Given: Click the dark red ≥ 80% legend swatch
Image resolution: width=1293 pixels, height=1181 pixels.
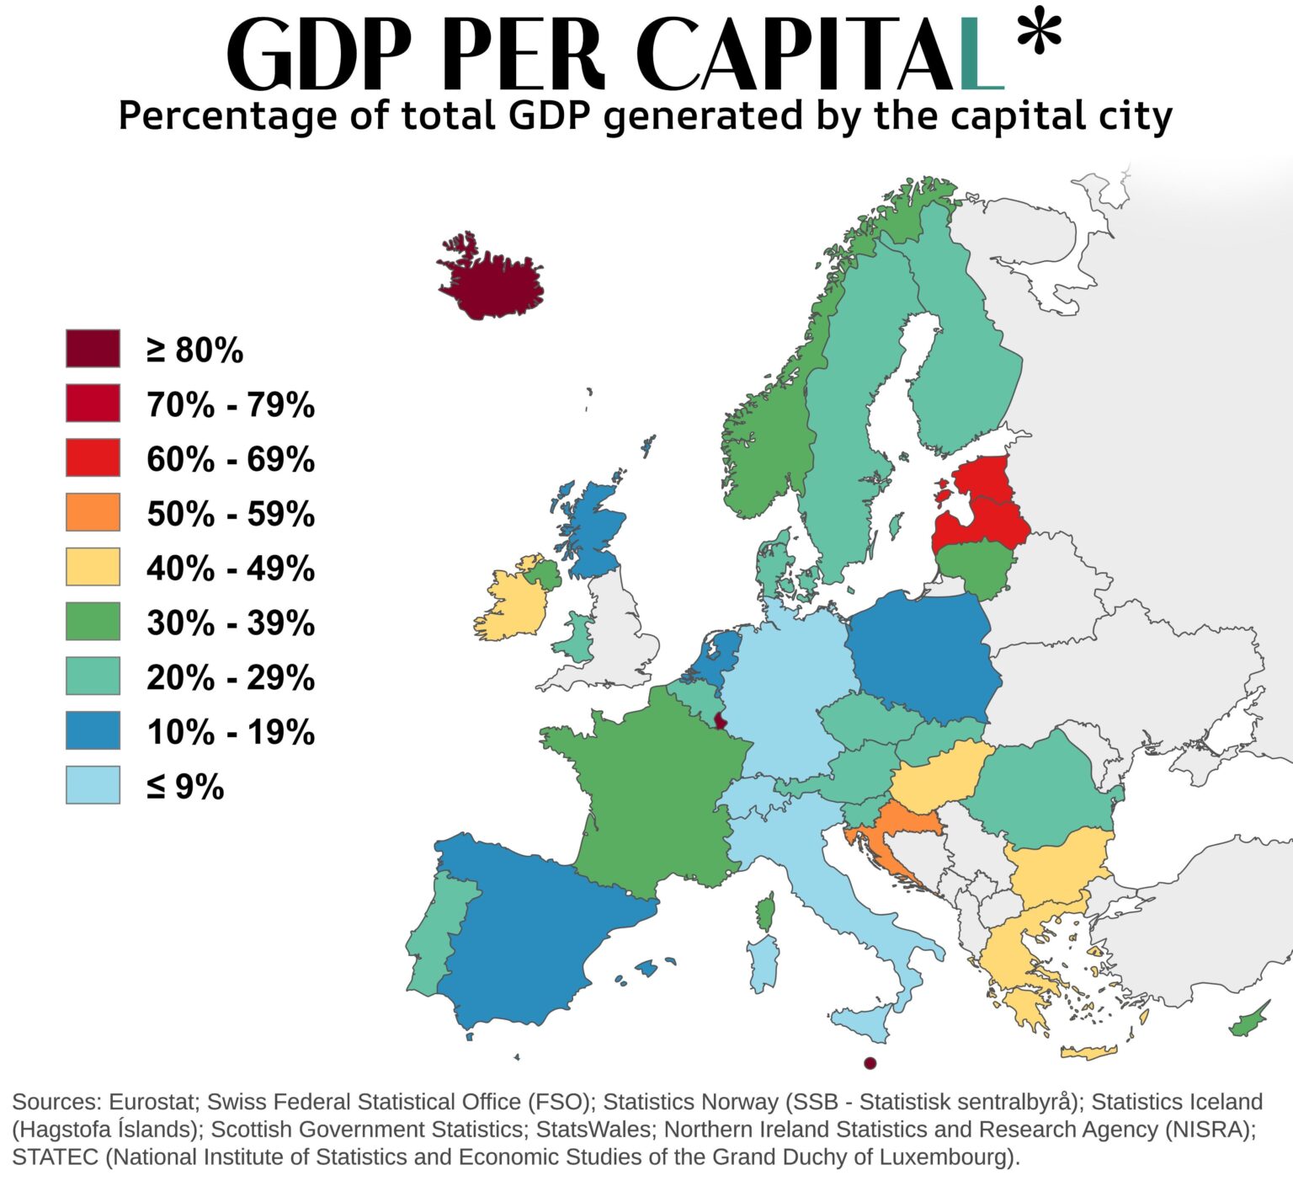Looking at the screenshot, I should pos(93,349).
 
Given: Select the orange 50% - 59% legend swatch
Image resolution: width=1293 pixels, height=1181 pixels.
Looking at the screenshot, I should pos(93,512).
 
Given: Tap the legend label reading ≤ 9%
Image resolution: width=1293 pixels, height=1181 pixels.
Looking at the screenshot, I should pos(185,786).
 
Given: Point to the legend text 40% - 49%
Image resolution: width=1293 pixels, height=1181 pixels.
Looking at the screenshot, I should pos(230,568).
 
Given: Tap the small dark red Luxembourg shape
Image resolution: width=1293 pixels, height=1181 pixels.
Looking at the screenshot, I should pos(721,719).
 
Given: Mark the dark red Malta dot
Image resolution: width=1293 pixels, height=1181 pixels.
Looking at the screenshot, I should pos(870,1063).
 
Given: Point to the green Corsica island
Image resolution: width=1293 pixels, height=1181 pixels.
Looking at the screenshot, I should pos(765,912).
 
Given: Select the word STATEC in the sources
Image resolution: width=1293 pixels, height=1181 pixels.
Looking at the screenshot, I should pos(56,1157).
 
